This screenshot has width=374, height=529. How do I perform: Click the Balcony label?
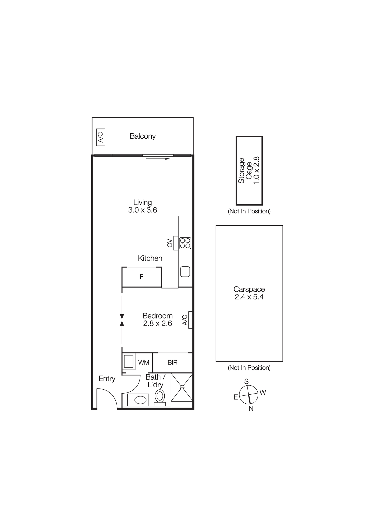142,136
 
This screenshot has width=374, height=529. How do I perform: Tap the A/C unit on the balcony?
101,137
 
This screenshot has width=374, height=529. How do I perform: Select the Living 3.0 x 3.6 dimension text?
142,210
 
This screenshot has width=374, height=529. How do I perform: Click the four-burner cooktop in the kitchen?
185,243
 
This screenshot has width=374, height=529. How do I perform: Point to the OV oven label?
170,243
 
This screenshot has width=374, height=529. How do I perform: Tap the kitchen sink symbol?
185,271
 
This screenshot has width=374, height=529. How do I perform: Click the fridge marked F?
142,277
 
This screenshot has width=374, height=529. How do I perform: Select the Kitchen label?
150,258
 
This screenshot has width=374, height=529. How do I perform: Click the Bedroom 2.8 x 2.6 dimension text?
157,323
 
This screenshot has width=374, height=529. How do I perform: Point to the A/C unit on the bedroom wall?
190,320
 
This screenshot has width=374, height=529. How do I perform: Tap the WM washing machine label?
143,363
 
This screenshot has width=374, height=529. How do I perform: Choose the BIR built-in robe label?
172,363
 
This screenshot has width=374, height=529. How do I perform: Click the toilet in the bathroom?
160,396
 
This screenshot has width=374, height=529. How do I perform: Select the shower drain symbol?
182,387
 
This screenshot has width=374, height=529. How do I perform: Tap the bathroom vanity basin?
140,400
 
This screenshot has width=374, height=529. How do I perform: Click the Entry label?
107,379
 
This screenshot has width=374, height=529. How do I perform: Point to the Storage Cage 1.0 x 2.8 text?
249,171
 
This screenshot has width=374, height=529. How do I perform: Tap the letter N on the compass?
251,408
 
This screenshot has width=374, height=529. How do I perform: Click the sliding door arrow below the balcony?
158,159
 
